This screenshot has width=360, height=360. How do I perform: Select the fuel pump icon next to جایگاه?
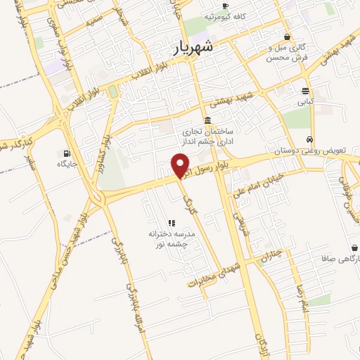click(x=67, y=153)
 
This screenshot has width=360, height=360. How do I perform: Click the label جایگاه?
click(x=67, y=164)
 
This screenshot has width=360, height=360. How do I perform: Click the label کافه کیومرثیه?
click(x=224, y=15)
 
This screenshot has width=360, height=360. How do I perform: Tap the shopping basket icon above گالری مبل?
click(x=287, y=37)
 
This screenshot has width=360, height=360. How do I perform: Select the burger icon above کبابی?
click(x=305, y=91)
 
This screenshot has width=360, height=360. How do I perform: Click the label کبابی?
click(x=305, y=101)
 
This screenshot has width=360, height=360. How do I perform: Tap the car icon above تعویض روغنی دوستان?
click(x=309, y=139)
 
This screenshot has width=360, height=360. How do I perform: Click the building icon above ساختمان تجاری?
click(x=207, y=120)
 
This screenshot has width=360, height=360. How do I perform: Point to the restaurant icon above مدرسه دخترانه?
click(x=171, y=223)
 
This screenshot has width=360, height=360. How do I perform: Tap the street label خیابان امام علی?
click(x=258, y=181)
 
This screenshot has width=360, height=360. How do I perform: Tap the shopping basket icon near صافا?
click(x=354, y=248)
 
